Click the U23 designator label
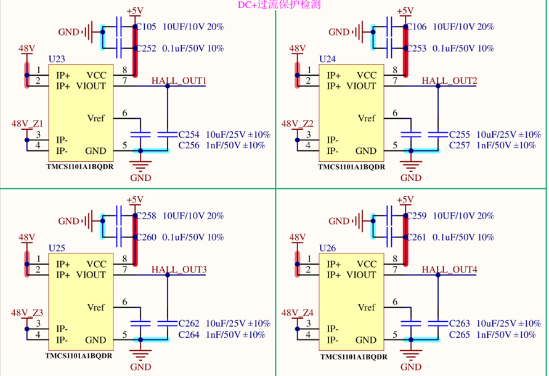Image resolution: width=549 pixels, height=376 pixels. tap(57, 58)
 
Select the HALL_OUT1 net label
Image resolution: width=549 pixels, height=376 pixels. tap(179, 81)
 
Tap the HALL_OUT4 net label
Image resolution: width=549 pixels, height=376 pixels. tap(449, 270)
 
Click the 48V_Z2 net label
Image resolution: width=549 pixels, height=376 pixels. tap(297, 124)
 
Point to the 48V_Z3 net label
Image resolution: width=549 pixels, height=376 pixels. tap(27, 313)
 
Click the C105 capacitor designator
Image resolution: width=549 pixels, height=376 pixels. tap(146, 27)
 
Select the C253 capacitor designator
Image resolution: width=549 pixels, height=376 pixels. tap(417, 48)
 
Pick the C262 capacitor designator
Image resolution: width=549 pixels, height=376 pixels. tap(189, 323)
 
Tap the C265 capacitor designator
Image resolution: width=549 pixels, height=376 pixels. tap(460, 335)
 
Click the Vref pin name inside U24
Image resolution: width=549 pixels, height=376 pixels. tap(366, 118)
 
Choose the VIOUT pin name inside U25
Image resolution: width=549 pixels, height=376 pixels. tap(91, 275)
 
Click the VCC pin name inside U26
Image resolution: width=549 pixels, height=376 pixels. tap(367, 264)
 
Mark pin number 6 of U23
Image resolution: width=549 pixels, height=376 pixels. tap(124, 113)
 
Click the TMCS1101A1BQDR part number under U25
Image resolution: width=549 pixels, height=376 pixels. tap(79, 356)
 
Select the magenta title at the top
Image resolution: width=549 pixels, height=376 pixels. tap(279, 5)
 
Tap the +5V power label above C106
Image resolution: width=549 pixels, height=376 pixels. tap(405, 11)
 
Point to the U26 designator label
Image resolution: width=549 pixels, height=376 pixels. tap(327, 248)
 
